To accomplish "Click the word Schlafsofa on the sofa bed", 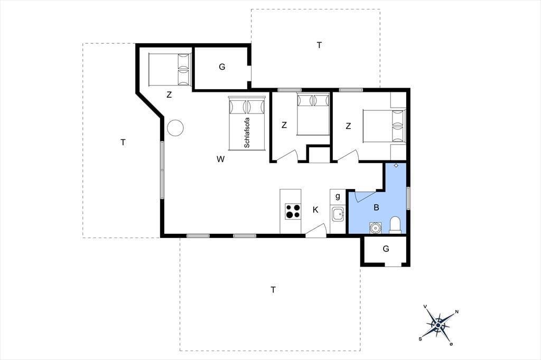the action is [247, 133].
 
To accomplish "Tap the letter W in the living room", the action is [221, 159].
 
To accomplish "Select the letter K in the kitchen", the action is [315, 210].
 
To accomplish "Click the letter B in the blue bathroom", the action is [376, 207].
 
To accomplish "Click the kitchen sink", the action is [337, 214].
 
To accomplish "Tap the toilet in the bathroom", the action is [395, 225].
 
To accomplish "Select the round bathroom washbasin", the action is [375, 228].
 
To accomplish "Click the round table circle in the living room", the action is [175, 128].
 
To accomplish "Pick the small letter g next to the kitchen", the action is [338, 196].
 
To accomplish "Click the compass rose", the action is [438, 325].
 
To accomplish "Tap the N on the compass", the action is [457, 312].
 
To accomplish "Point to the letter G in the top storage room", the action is [222, 67].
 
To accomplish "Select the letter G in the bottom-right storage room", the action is [386, 248].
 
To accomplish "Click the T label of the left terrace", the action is [123, 142].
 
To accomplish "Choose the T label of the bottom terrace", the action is [273, 290].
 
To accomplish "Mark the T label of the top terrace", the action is [319, 45].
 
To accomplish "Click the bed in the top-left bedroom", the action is [170, 69].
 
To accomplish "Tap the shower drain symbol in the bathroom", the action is [396, 166].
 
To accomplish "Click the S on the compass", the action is [420, 339].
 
